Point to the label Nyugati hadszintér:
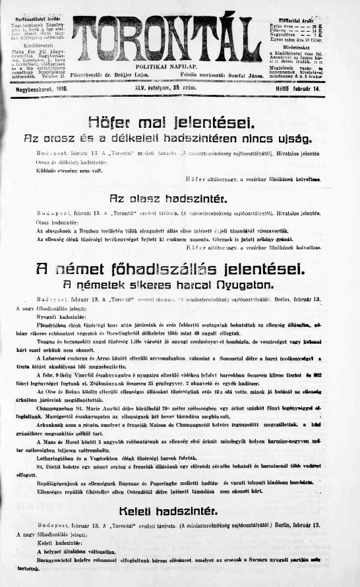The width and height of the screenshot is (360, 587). [x=47, y=316]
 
